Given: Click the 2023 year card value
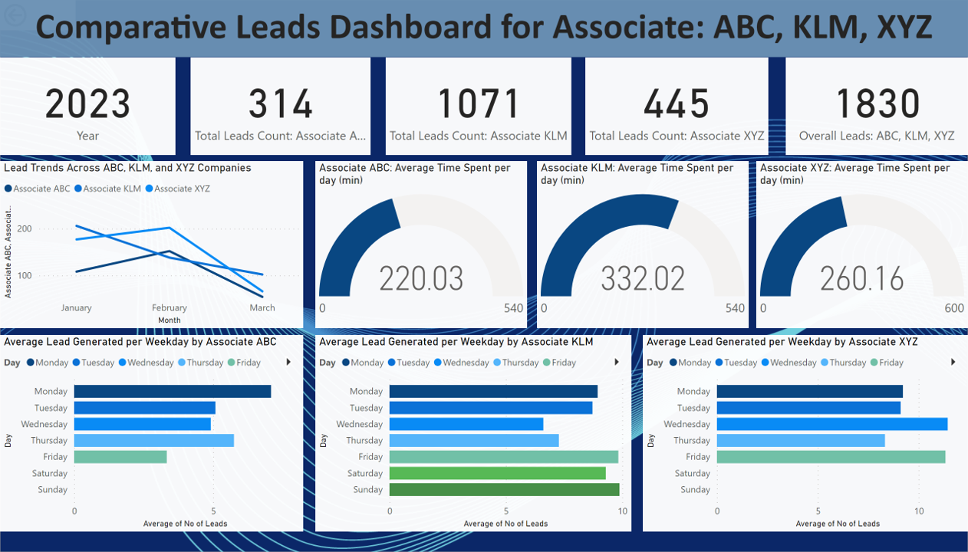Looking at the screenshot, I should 87,103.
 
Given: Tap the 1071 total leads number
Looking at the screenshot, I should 478,103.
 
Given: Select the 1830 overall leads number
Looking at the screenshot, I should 877,103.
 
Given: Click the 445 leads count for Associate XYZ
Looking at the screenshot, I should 677,103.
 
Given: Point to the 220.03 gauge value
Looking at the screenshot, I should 421,278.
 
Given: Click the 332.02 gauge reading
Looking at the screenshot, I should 643,278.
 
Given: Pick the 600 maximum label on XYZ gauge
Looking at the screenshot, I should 953,308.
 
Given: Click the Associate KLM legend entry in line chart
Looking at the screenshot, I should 112,189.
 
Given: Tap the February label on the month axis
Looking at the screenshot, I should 170,308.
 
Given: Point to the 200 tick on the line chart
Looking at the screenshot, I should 24,228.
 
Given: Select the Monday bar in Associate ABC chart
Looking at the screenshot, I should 173,391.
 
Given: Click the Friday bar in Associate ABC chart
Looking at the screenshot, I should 120,457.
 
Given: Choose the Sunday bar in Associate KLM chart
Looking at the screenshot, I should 504,490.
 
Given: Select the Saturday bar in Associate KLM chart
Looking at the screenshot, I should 497,474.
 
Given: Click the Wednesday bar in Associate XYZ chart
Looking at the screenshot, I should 832,424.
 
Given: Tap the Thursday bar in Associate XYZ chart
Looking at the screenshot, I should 801,441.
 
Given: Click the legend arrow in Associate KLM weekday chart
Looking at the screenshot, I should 617,363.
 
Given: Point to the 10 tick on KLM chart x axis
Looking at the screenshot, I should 622,511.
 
